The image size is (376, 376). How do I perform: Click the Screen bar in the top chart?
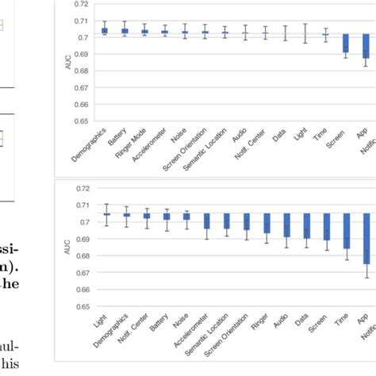coord(345,44)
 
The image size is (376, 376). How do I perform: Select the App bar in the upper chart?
coord(366,46)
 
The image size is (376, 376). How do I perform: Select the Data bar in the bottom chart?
coord(305,226)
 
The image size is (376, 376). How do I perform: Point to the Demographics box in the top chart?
coord(105,31)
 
